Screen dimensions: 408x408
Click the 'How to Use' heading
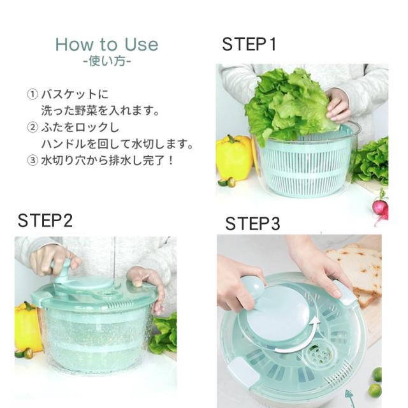tap(106, 45)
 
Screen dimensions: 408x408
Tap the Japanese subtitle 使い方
tap(107, 61)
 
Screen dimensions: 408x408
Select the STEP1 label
tap(249, 44)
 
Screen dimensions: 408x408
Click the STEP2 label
tap(45, 221)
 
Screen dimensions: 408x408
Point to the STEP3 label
tap(252, 224)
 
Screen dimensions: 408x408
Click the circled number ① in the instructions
tap(33, 94)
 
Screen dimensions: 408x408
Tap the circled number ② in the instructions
tap(33, 127)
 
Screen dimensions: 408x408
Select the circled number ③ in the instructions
tap(33, 160)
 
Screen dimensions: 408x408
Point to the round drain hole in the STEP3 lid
tap(319, 354)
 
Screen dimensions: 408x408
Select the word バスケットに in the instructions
tap(75, 94)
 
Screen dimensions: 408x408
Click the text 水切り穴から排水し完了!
tap(107, 160)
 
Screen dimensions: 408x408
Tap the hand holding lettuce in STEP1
tap(338, 105)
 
